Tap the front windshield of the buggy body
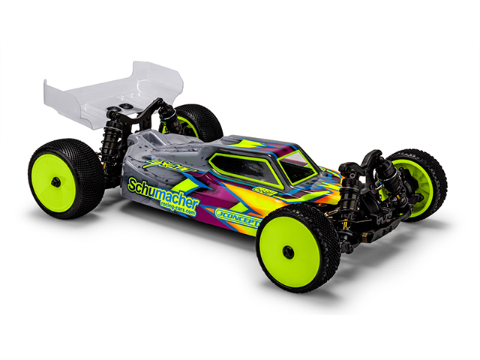[297, 166]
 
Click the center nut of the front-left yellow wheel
[289, 251]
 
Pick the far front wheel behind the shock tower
[419, 184]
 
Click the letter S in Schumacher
[132, 184]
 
